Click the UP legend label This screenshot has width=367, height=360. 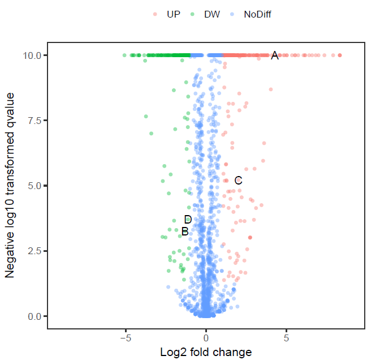coord(174,14)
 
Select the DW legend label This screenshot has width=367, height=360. coord(212,14)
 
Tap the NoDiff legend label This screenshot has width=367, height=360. coord(257,14)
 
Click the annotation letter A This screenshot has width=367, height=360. coord(275,55)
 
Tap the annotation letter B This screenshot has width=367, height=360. coord(185,232)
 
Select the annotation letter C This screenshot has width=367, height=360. coord(238,181)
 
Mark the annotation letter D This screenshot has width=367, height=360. coord(188,220)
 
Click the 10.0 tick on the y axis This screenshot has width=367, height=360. coord(31,55)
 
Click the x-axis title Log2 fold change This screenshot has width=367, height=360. coord(206,352)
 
